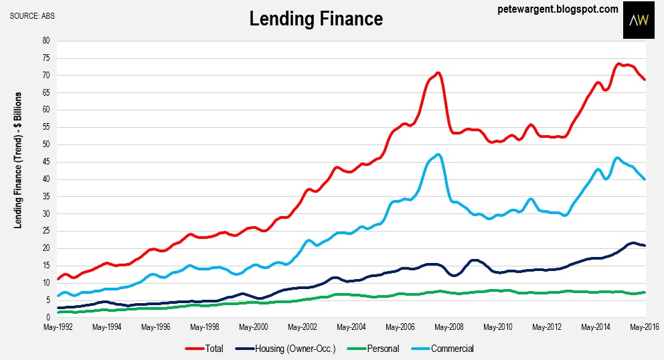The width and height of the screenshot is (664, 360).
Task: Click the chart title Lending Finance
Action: (x=316, y=19)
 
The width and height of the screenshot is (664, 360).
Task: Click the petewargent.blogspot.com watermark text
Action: (x=557, y=9)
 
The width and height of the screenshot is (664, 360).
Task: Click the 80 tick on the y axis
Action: (x=46, y=40)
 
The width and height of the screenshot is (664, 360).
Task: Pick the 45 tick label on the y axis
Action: (x=46, y=161)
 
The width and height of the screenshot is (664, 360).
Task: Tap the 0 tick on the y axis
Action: (x=48, y=317)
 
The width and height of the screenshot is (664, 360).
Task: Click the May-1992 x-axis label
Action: (x=58, y=328)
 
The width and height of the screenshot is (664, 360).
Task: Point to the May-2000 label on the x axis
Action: (x=253, y=328)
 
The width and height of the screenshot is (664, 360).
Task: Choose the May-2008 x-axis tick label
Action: (x=448, y=328)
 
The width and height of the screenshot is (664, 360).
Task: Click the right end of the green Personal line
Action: (x=644, y=292)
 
